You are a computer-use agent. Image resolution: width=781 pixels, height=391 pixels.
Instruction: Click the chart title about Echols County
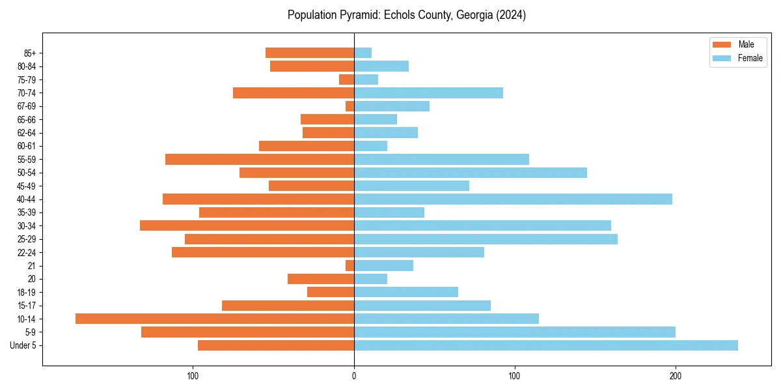[x=406, y=15]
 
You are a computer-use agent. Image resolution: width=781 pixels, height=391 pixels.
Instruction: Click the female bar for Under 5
[x=545, y=345]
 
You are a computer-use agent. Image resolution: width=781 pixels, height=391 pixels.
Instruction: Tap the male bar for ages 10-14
[x=215, y=319]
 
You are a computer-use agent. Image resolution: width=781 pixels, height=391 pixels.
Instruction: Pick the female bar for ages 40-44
[x=513, y=199]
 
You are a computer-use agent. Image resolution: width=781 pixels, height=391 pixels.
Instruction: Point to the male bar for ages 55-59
[x=260, y=160]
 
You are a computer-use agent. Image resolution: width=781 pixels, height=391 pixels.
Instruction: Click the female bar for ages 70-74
[x=428, y=93]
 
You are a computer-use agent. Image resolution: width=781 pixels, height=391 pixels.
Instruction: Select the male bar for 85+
[x=310, y=53]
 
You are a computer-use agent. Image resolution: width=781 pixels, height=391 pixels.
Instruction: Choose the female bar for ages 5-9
[x=514, y=332]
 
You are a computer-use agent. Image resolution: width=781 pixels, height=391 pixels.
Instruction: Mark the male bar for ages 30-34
[x=247, y=225]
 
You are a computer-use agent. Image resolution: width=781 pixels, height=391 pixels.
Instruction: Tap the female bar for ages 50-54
[x=470, y=173]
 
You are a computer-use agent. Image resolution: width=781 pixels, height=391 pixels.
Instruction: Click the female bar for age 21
[x=383, y=266]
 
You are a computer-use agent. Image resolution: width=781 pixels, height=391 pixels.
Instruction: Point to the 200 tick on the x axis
[x=675, y=375]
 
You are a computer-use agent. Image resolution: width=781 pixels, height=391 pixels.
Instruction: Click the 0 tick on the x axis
[x=354, y=375]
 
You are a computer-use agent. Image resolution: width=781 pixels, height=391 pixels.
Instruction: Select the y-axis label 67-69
[x=26, y=106]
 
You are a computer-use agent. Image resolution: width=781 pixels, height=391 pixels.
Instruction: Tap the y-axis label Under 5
[x=23, y=345]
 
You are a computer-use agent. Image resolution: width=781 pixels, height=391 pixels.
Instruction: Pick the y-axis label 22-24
[x=26, y=253]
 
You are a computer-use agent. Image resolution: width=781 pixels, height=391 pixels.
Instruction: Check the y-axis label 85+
[x=29, y=53]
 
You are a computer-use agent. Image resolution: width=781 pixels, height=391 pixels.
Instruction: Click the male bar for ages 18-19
[x=331, y=292]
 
